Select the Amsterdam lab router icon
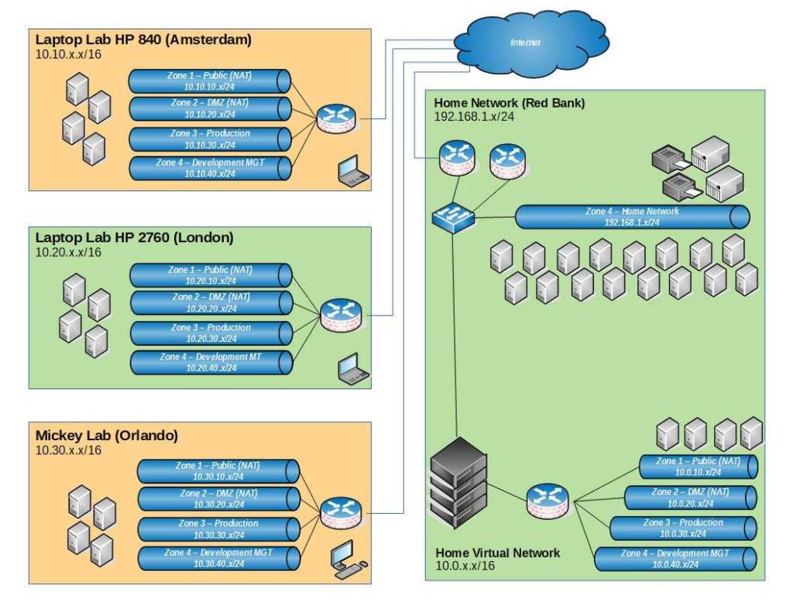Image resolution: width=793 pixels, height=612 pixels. (x=335, y=118)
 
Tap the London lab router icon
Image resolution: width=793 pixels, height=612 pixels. (x=340, y=313)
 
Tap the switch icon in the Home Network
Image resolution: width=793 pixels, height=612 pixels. (x=453, y=217)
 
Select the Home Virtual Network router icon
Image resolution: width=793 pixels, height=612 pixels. (x=547, y=501)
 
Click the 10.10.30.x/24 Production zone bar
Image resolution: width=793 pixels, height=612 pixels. (x=209, y=139)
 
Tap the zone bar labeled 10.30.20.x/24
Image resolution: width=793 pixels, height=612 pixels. (x=218, y=498)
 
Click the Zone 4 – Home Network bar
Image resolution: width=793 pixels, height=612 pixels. (x=631, y=217)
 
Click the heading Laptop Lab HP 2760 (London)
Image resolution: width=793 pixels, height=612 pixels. (x=134, y=238)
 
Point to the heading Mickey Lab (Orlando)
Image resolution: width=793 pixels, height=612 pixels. (x=107, y=436)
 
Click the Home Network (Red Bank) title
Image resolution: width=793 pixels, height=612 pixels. (x=509, y=103)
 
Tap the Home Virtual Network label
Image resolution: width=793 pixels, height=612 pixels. (x=497, y=552)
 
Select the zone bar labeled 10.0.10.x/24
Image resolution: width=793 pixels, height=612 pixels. (x=697, y=467)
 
